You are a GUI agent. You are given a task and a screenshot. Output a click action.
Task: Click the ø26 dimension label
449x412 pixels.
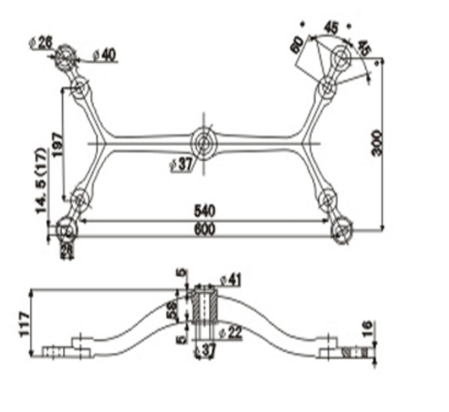tap(41, 41)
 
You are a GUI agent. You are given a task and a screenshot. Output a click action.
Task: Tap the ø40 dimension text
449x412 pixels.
tap(106, 54)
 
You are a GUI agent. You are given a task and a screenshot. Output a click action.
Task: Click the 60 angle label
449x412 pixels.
tap(298, 44)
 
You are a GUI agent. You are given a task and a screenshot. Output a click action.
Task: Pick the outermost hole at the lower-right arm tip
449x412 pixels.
tap(342, 229)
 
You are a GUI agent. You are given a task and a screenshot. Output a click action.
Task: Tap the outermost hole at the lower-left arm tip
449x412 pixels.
tap(67, 229)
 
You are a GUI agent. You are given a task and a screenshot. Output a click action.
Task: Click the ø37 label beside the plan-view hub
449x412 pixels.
tap(182, 164)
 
